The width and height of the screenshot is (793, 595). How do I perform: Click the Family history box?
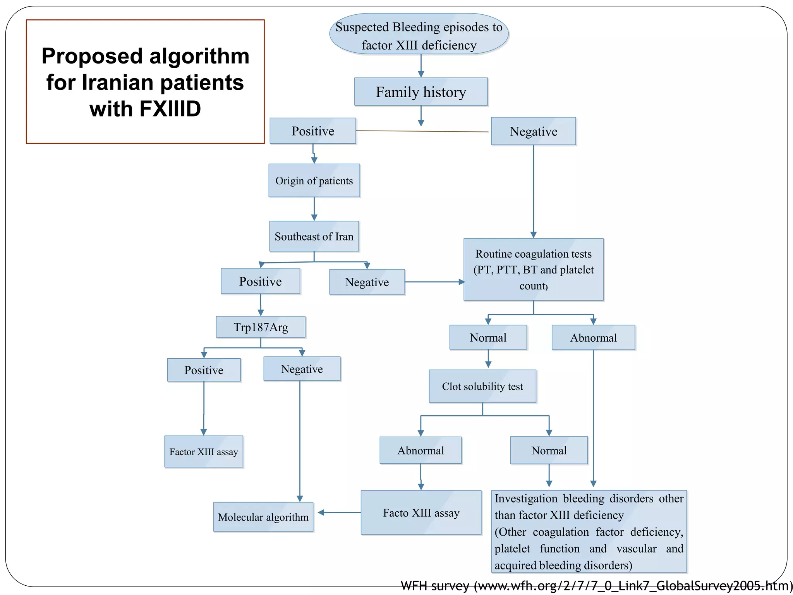click(x=421, y=92)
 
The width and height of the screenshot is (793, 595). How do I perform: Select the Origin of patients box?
click(x=314, y=181)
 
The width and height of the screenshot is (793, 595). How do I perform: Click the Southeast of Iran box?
click(x=314, y=236)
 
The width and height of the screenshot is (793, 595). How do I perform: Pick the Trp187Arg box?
click(x=261, y=327)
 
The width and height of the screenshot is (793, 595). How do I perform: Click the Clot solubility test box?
click(x=482, y=386)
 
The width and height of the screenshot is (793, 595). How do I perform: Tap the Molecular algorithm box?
click(x=263, y=517)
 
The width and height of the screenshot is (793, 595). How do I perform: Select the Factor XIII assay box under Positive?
click(x=204, y=452)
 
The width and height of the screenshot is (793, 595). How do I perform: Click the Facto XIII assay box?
click(x=421, y=512)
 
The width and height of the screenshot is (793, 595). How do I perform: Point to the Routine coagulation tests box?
click(x=533, y=270)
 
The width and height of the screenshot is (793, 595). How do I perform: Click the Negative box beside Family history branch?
click(x=533, y=131)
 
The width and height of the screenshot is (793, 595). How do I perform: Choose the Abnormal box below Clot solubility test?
click(x=421, y=450)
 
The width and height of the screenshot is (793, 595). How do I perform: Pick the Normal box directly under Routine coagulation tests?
click(x=488, y=337)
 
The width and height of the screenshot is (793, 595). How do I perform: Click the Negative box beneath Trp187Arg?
click(x=302, y=369)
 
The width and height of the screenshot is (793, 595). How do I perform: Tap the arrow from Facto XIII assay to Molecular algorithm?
click(x=339, y=512)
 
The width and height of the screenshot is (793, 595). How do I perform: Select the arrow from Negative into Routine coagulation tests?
click(x=434, y=282)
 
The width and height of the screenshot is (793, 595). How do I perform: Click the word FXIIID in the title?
click(x=170, y=109)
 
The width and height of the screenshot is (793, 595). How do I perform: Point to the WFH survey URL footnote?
click(x=596, y=586)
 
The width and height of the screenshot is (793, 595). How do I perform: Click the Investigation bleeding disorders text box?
click(x=589, y=531)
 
